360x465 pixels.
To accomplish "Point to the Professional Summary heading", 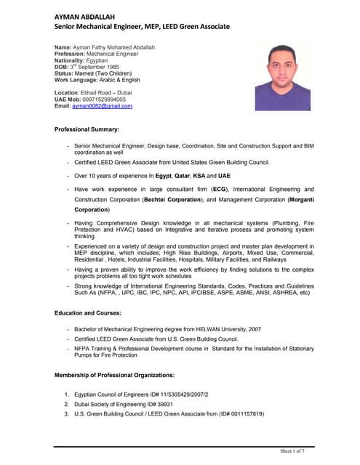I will pyautogui.click(x=87, y=129).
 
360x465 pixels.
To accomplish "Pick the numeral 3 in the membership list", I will pyautogui.click(x=66, y=413).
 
